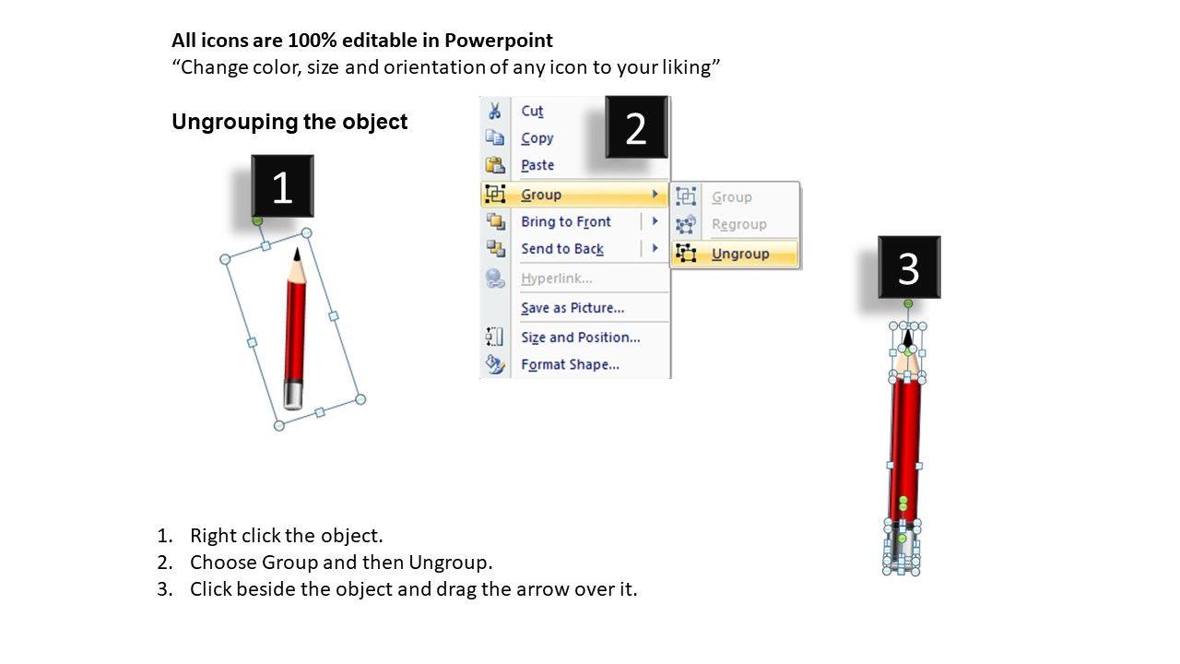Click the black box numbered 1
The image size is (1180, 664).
click(282, 186)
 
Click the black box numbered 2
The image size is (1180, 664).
click(636, 127)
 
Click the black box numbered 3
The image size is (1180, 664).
click(909, 267)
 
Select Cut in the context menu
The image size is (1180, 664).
click(532, 111)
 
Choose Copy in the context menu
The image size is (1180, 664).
click(537, 138)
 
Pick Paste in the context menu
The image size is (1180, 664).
click(537, 165)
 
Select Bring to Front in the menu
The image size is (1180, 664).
click(566, 221)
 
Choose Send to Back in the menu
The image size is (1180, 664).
click(562, 249)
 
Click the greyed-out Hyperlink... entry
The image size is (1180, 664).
click(556, 279)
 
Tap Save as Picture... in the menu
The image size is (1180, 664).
click(572, 308)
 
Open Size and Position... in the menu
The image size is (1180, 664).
click(581, 338)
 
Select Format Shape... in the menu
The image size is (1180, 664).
click(570, 364)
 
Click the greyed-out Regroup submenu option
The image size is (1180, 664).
click(739, 224)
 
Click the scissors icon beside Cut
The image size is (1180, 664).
click(495, 111)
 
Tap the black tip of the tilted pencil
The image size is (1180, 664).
click(297, 254)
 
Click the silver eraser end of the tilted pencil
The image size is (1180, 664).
click(293, 395)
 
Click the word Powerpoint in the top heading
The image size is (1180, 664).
click(499, 41)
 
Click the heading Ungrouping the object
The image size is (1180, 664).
click(289, 122)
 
